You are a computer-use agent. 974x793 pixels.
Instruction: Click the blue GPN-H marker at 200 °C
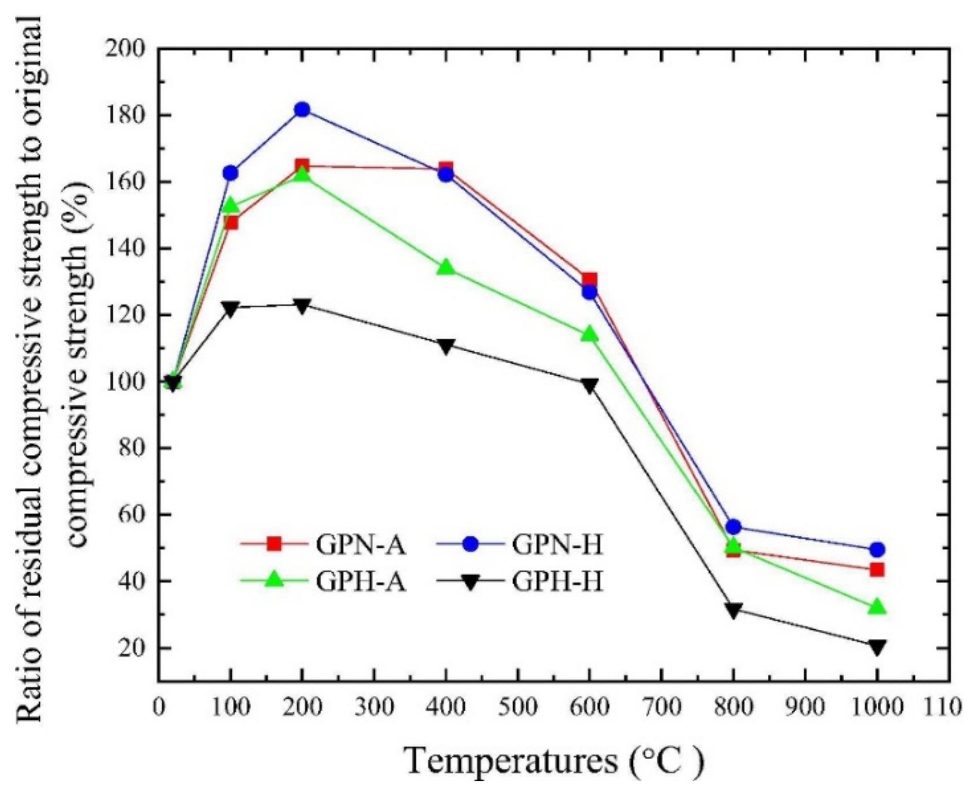302,109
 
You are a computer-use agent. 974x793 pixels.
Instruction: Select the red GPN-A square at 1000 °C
877,569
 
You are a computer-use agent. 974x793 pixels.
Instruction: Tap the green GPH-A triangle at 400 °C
446,268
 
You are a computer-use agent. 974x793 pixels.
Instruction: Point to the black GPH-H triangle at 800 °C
733,610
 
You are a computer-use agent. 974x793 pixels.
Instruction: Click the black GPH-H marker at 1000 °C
877,647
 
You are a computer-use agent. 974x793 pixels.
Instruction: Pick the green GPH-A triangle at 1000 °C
877,607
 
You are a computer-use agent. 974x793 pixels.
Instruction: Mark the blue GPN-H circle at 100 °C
230,173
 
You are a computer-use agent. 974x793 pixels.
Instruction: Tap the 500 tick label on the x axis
518,707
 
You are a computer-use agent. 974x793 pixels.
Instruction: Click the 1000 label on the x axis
877,707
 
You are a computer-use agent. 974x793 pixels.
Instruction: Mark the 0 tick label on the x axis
159,707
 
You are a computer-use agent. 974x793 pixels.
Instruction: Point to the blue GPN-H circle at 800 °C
734,526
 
